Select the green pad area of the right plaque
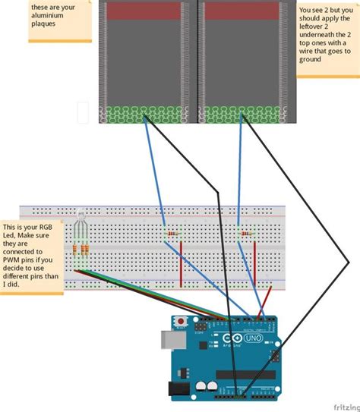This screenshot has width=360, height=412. [x=246, y=115]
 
